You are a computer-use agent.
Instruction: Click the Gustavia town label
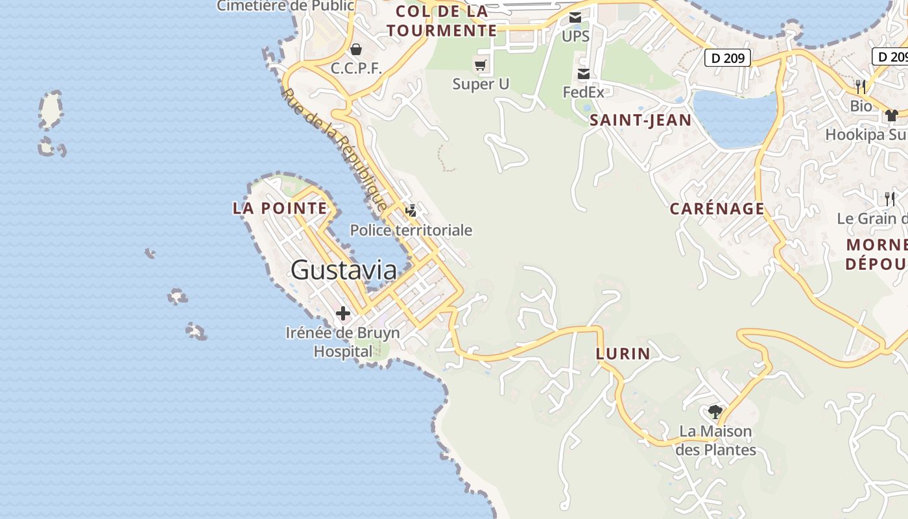344,270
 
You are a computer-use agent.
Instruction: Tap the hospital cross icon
343,314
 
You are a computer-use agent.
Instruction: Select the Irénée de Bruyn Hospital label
343,343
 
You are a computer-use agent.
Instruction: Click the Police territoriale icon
411,210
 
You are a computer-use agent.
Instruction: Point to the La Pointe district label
280,208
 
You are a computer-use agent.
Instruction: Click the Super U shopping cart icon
480,65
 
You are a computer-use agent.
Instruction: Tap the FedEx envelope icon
583,74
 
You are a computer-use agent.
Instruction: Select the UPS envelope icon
575,18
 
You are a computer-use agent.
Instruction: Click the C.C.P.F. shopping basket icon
356,49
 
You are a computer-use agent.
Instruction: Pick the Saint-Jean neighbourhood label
641,120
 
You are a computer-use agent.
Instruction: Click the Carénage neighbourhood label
717,209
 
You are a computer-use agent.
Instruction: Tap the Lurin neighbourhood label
623,354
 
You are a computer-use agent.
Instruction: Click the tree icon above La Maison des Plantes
715,411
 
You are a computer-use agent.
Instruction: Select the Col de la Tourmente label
442,21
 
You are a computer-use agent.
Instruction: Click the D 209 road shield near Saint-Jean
728,58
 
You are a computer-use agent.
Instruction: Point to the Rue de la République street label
335,149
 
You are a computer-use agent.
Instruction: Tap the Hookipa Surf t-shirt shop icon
892,115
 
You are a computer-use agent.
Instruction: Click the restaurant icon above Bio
861,86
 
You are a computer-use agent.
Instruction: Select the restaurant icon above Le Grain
890,199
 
